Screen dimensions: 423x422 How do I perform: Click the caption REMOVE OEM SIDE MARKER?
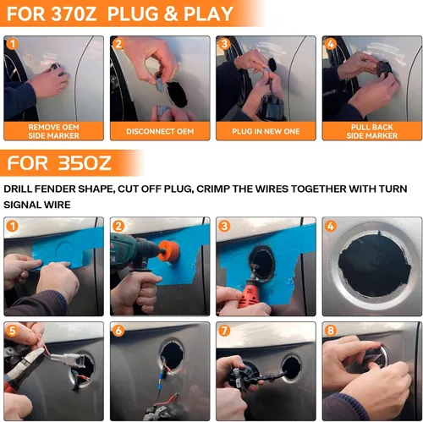pyautogui.click(x=53, y=131)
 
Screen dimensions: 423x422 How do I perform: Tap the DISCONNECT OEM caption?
pyautogui.click(x=160, y=131)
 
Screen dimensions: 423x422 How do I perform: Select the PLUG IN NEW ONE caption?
pyautogui.click(x=266, y=131)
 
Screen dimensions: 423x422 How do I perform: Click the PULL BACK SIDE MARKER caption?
pyautogui.click(x=372, y=131)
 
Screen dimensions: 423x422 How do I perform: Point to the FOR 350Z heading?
pyautogui.click(x=59, y=163)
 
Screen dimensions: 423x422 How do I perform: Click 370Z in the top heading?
pyautogui.click(x=74, y=14)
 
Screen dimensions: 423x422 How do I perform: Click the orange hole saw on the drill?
pyautogui.click(x=169, y=250)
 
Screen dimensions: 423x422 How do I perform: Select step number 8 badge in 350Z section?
pyautogui.click(x=331, y=331)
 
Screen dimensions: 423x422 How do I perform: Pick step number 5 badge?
pyautogui.click(x=12, y=331)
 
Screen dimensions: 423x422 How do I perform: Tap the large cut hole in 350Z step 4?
pyautogui.click(x=374, y=266)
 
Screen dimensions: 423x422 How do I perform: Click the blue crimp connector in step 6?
pyautogui.click(x=161, y=375)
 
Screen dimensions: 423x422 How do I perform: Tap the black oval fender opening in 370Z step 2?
pyautogui.click(x=177, y=95)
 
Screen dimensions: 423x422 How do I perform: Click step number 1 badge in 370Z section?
pyautogui.click(x=12, y=44)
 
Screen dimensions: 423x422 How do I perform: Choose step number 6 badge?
pyautogui.click(x=118, y=331)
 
